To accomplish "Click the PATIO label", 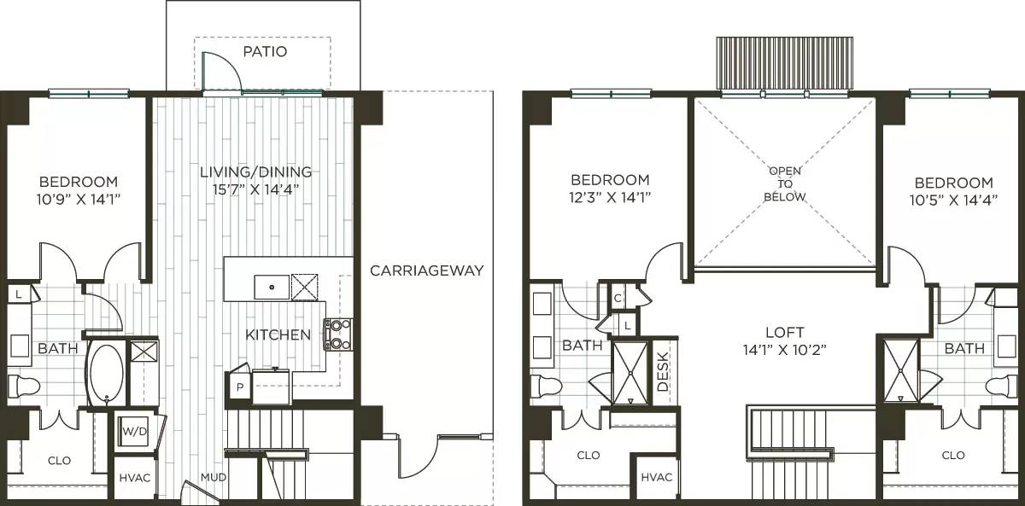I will click(x=264, y=51).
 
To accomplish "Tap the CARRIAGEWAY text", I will click(x=426, y=270).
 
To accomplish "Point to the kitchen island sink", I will click(x=271, y=287).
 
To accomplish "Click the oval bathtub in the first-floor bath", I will click(x=106, y=373).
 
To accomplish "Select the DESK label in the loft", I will click(x=663, y=372).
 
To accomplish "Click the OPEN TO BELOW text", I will click(x=784, y=183).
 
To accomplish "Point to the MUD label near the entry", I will click(x=214, y=477).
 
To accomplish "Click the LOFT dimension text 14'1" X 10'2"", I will click(x=783, y=349).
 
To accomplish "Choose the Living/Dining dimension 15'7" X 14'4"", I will click(x=255, y=189).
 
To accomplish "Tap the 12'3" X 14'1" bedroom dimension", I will click(x=610, y=197).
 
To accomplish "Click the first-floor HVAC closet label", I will click(x=134, y=478).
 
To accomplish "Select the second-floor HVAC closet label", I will click(x=656, y=477).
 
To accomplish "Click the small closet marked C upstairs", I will click(x=618, y=297).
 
